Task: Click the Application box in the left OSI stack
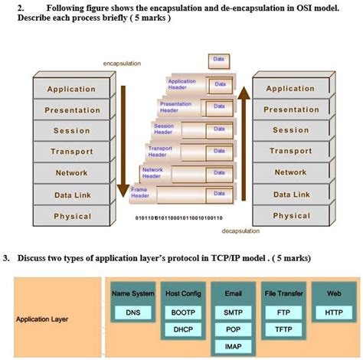(70, 89)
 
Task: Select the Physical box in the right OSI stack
(291, 216)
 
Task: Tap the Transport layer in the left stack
(70, 152)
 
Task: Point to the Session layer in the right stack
(291, 130)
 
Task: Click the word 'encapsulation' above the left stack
(122, 64)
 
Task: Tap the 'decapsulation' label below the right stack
(240, 230)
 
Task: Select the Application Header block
(181, 83)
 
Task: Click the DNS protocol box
(132, 313)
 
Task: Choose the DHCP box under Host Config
(183, 330)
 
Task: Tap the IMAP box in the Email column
(234, 347)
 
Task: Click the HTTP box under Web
(334, 313)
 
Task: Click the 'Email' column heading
(234, 293)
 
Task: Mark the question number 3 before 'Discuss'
(6, 258)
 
